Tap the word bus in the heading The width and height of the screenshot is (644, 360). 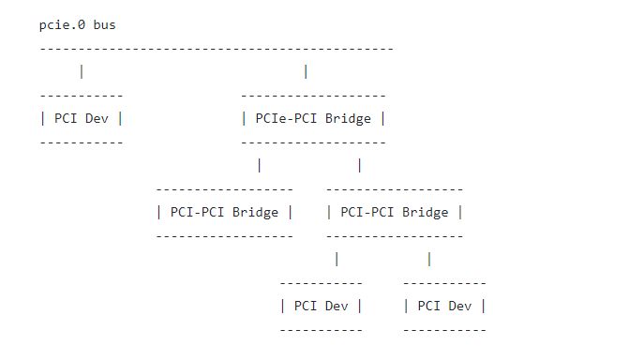(104, 25)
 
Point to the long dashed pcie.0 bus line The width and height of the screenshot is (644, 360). (217, 49)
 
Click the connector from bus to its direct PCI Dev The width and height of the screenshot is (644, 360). (82, 71)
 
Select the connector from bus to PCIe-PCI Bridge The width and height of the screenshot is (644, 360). (306, 71)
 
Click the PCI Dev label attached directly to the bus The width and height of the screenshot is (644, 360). (82, 119)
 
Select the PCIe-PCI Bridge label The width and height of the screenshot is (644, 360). (313, 119)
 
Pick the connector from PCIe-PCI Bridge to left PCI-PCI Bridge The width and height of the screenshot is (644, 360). (259, 165)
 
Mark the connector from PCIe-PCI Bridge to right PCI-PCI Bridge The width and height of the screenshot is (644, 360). (360, 165)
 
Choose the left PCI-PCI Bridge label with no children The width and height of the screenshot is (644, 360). (224, 212)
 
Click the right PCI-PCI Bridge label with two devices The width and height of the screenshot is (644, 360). (395, 212)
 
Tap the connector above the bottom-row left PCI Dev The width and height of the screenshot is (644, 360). (337, 259)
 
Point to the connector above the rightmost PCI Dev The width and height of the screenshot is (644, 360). (429, 259)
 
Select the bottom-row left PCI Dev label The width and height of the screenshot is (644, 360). (321, 306)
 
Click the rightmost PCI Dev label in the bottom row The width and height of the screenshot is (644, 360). (444, 306)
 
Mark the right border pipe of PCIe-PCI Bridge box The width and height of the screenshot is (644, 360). (382, 119)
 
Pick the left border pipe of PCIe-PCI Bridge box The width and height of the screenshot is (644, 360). (245, 119)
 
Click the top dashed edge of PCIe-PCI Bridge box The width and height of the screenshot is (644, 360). (313, 96)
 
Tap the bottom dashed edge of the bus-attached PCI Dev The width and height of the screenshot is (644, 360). (82, 142)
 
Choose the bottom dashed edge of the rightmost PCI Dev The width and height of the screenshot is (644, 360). (444, 330)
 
